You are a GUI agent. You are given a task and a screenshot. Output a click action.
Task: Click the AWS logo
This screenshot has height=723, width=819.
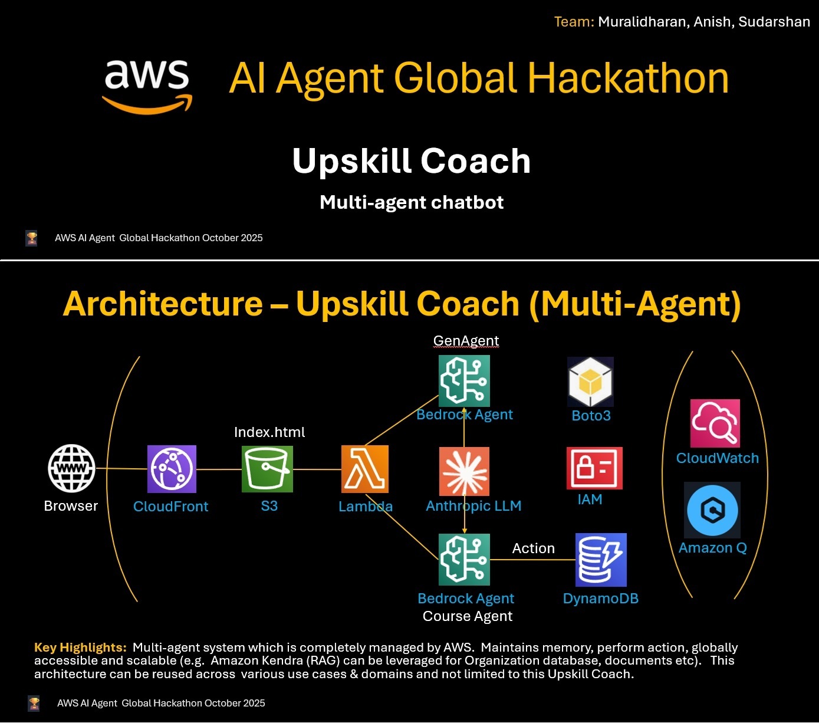[147, 86]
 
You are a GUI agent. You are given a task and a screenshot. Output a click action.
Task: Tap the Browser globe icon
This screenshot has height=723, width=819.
[71, 468]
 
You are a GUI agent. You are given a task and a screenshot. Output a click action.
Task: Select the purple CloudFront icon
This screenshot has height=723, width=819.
[172, 469]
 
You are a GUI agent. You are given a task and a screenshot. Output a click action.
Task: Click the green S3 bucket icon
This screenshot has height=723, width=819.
[267, 469]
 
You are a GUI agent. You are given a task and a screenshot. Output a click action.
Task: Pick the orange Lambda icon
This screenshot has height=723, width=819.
[365, 469]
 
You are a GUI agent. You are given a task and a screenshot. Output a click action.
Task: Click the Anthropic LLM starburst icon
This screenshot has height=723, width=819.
[464, 471]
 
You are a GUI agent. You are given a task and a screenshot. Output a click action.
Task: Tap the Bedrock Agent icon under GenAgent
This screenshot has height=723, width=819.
[464, 380]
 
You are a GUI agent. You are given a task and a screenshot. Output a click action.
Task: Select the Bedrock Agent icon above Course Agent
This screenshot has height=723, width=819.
[464, 560]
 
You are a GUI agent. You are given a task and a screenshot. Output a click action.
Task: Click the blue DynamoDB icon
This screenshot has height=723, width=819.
[601, 560]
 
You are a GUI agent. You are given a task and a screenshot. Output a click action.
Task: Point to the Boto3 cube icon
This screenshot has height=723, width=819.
[590, 382]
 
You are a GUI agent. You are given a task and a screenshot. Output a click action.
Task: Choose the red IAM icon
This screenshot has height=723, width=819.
[594, 468]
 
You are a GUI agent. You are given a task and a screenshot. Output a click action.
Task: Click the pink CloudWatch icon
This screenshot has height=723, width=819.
[715, 423]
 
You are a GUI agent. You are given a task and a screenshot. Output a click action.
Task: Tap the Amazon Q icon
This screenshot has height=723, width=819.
[712, 510]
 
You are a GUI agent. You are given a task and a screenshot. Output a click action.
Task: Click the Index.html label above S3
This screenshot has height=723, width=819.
[269, 432]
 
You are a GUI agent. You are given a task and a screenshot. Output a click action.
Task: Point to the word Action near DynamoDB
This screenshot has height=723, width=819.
[533, 548]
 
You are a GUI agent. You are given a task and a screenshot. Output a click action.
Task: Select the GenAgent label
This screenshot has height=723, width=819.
[466, 341]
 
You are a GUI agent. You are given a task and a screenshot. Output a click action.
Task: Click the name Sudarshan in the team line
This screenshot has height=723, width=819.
[774, 22]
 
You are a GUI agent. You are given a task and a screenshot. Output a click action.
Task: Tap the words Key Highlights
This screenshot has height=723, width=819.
[80, 648]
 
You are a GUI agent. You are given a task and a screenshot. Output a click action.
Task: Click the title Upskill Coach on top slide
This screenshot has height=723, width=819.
[412, 161]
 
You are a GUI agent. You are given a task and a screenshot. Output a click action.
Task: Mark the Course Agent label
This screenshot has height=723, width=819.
[468, 616]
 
